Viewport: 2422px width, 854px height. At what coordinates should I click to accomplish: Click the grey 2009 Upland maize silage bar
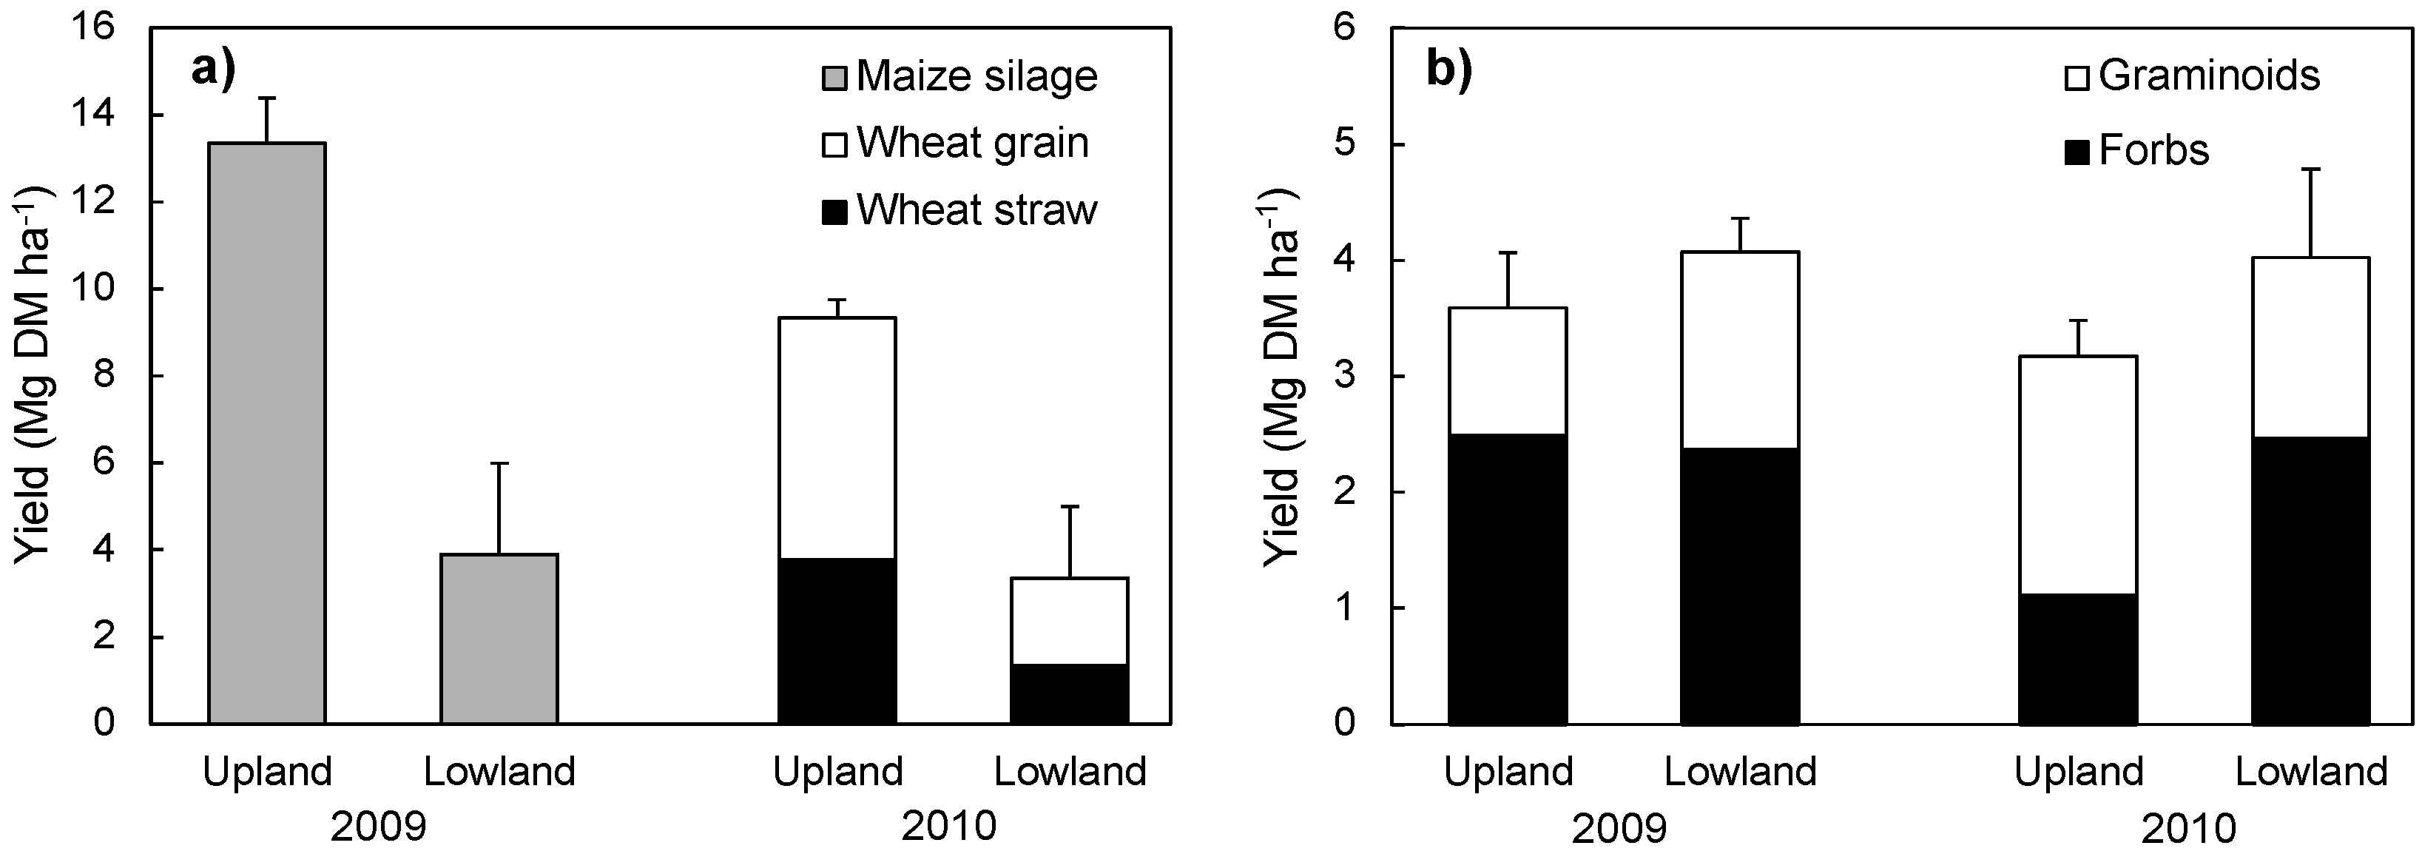click(x=267, y=433)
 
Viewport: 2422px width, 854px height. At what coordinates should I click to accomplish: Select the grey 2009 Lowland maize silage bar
click(x=499, y=639)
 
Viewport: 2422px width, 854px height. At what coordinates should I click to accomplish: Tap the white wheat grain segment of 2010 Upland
click(x=837, y=437)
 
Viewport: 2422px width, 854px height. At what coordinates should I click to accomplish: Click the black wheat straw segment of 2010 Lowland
click(x=1070, y=694)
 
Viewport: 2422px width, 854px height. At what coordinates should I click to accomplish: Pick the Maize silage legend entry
click(x=959, y=76)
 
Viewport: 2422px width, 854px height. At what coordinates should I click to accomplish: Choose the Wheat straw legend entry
click(x=959, y=209)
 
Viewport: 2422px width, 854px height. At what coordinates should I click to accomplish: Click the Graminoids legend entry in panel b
click(x=2190, y=75)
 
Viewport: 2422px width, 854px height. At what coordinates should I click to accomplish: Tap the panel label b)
click(x=1449, y=70)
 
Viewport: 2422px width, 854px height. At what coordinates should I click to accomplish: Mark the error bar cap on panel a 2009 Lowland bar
click(x=499, y=463)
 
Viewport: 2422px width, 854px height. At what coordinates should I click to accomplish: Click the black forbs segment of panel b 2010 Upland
click(x=2078, y=659)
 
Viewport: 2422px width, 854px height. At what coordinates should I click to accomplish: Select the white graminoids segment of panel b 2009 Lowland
click(x=1741, y=349)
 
